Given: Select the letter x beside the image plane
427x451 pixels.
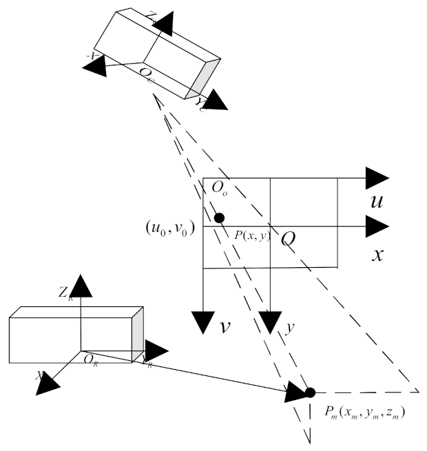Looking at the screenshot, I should (x=377, y=254).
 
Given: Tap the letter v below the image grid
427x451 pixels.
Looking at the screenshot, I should (x=225, y=326).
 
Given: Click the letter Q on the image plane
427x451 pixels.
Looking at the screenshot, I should (x=288, y=238).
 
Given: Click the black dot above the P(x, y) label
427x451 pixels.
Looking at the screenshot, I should (x=219, y=218).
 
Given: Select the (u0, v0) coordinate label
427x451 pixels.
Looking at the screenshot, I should (x=169, y=227).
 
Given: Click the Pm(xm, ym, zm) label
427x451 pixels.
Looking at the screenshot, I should (x=365, y=414).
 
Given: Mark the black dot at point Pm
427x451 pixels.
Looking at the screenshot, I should (x=310, y=392).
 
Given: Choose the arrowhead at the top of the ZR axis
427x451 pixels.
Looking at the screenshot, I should (x=81, y=284).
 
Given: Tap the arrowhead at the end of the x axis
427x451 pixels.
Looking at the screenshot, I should (x=378, y=227).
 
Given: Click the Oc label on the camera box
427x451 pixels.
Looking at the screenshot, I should (x=147, y=74).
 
